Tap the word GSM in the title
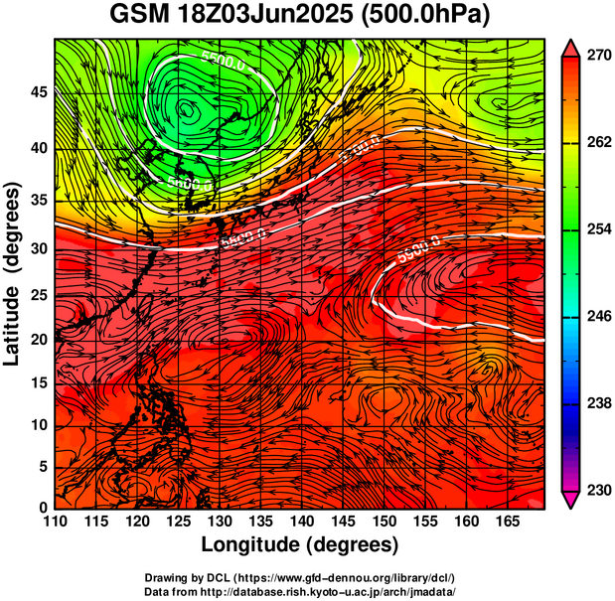point(139,15)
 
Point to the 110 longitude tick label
point(55,523)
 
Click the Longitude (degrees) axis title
point(299,544)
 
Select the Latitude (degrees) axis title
point(14,273)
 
